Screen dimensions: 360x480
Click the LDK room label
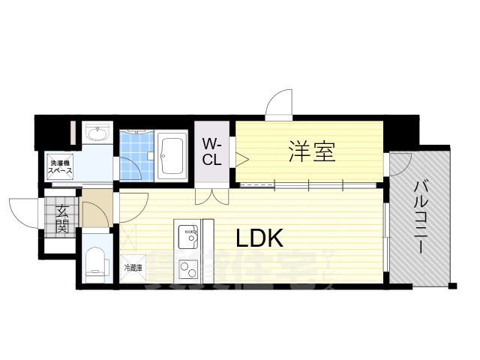pyautogui.click(x=259, y=238)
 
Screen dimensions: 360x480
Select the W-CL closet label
pyautogui.click(x=211, y=151)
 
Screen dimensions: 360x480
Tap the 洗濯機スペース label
pyautogui.click(x=60, y=167)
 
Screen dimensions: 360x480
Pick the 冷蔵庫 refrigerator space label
pyautogui.click(x=132, y=267)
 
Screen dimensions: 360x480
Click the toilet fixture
pyautogui.click(x=95, y=261)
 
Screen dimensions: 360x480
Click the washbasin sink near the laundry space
pyautogui.click(x=97, y=135)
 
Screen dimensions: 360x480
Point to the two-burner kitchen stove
pyautogui.click(x=187, y=268)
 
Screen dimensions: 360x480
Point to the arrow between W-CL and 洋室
pyautogui.click(x=241, y=158)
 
